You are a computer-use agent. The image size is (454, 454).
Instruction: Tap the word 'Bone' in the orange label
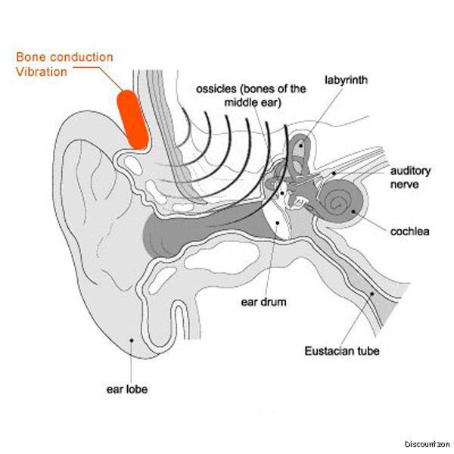[33, 58]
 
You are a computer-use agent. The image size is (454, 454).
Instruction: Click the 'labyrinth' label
[347, 79]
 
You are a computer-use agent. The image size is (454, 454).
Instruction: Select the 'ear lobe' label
[126, 390]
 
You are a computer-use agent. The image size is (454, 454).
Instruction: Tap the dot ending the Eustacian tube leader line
[372, 292]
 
